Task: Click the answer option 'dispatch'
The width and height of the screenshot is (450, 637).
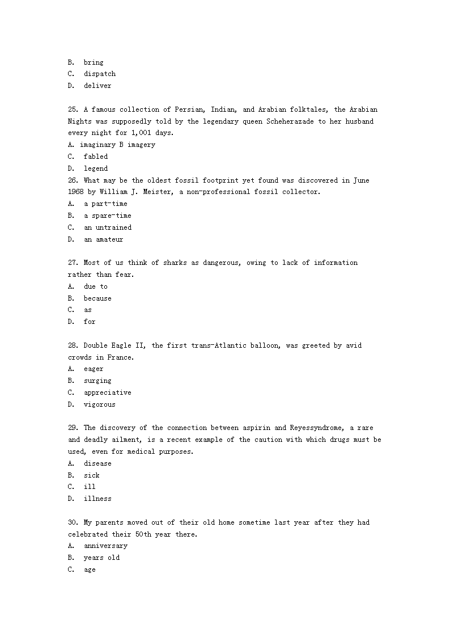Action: tap(100, 74)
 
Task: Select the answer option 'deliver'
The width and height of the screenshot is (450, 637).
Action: tap(97, 86)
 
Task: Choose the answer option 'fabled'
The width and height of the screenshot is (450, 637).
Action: tap(96, 157)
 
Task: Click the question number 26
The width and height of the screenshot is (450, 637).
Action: tap(73, 180)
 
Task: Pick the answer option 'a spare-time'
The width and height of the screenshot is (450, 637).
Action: tap(107, 216)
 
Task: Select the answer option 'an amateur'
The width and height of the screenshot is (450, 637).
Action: tap(103, 239)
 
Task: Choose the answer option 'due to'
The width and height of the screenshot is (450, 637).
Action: tap(96, 286)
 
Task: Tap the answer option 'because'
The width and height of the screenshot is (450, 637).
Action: tap(97, 298)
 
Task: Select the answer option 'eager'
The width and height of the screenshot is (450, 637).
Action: tap(94, 369)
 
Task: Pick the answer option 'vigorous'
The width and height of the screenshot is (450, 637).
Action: tap(100, 404)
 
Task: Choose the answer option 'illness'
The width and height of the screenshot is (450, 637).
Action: tap(97, 499)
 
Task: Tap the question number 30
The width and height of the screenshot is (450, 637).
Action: tap(73, 522)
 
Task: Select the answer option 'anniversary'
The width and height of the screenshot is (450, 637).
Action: tap(105, 546)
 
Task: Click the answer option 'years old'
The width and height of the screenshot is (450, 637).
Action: tap(101, 558)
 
